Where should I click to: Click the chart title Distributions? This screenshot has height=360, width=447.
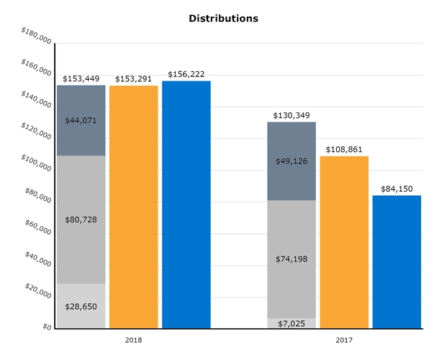pyautogui.click(x=223, y=18)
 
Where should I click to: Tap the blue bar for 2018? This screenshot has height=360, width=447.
pyautogui.click(x=186, y=205)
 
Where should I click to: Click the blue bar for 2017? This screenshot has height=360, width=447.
pyautogui.click(x=397, y=262)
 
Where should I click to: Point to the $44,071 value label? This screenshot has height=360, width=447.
pyautogui.click(x=81, y=120)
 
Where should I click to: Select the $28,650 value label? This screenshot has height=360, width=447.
pyautogui.click(x=81, y=306)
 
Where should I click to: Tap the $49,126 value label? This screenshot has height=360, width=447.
pyautogui.click(x=292, y=161)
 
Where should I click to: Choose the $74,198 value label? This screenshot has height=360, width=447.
pyautogui.click(x=292, y=259)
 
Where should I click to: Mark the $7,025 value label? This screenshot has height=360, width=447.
pyautogui.click(x=292, y=323)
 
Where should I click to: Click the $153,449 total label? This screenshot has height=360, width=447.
pyautogui.click(x=81, y=78)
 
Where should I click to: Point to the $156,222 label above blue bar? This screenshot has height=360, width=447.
pyautogui.click(x=186, y=74)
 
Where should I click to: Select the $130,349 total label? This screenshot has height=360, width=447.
pyautogui.click(x=292, y=115)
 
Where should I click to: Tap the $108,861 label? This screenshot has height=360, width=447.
pyautogui.click(x=344, y=149)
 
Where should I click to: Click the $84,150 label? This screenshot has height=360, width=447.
pyautogui.click(x=397, y=189)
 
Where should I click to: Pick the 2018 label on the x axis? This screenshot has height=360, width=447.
pyautogui.click(x=133, y=339)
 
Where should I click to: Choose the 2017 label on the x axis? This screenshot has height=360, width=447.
pyautogui.click(x=344, y=339)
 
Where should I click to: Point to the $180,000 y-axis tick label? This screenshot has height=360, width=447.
pyautogui.click(x=36, y=36)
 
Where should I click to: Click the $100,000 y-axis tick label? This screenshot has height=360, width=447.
pyautogui.click(x=36, y=163)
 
